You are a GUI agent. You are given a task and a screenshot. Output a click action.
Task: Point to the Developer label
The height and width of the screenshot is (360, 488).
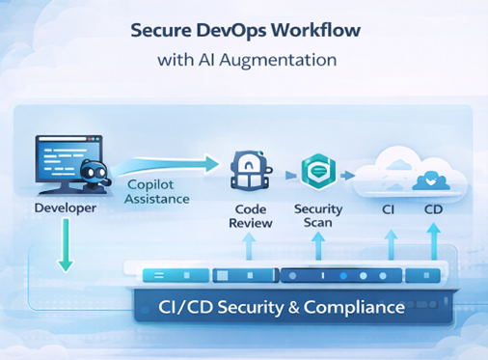[65, 208]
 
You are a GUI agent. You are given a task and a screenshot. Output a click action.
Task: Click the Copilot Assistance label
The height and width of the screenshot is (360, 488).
[157, 192]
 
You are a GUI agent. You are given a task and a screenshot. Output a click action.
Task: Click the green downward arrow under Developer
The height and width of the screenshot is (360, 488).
[65, 245]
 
